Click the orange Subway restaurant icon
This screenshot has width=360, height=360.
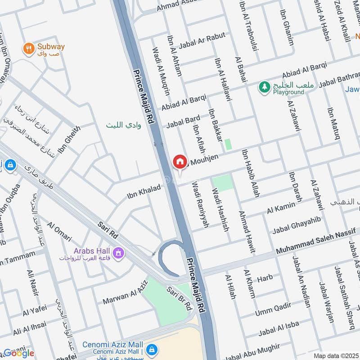[29, 48]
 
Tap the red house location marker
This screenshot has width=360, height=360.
[180, 162]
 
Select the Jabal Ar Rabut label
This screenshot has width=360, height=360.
[202, 41]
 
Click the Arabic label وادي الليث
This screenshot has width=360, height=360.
[123, 125]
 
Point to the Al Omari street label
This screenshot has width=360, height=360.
[59, 231]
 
